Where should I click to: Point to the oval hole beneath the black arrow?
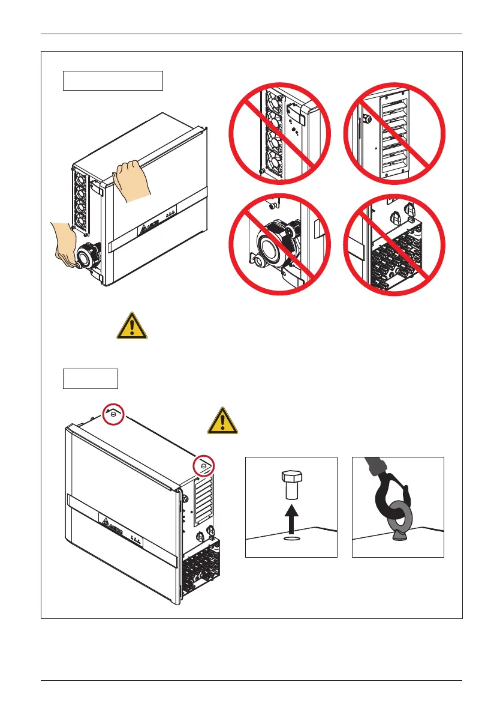(291, 539)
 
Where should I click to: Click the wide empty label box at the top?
(113, 80)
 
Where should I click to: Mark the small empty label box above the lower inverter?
(91, 379)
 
